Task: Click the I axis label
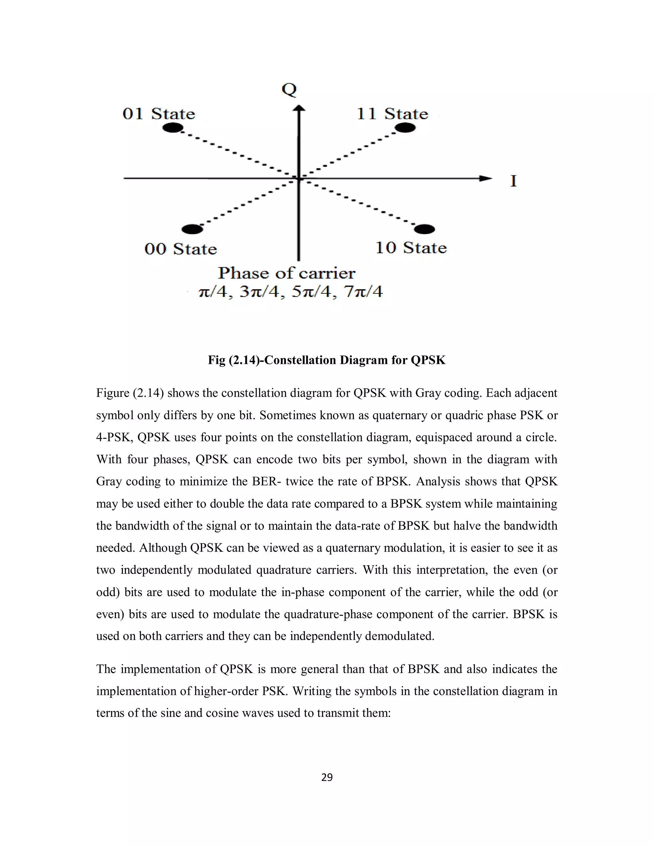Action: (x=513, y=181)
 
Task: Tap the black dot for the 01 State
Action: (x=173, y=128)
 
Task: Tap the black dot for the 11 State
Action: (x=405, y=128)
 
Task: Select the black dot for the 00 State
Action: (x=192, y=229)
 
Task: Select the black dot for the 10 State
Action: (x=424, y=229)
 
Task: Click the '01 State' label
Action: (x=159, y=114)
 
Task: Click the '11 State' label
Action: (x=392, y=114)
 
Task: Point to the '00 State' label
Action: (x=180, y=249)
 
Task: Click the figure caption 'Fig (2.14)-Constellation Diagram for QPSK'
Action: (x=327, y=360)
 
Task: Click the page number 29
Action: (x=327, y=777)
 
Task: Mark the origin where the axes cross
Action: (x=299, y=178)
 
